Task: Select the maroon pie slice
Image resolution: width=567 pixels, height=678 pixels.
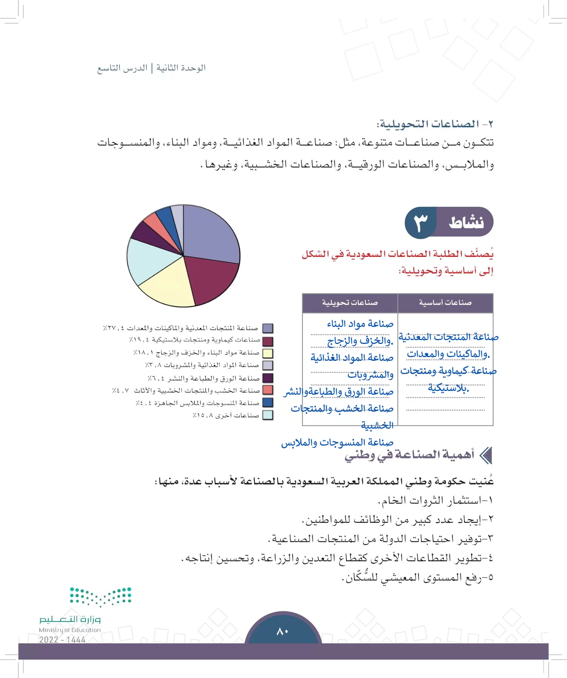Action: [211, 279]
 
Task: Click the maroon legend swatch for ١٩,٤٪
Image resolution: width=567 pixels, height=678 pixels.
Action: [268, 341]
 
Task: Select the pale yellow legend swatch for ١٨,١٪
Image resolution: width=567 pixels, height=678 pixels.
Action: [268, 353]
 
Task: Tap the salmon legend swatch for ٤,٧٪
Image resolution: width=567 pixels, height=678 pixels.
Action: [268, 390]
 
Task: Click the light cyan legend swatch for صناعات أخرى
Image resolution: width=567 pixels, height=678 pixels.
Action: [268, 415]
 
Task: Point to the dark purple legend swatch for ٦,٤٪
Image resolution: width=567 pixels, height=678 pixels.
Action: [268, 378]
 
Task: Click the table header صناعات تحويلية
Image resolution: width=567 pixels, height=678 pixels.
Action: [350, 303]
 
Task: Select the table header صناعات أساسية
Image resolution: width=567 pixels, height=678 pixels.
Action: [445, 303]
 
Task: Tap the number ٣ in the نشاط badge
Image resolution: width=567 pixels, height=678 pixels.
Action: [421, 223]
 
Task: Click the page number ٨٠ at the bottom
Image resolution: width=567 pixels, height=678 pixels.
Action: [283, 631]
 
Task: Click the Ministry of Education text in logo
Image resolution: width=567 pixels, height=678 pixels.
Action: [70, 630]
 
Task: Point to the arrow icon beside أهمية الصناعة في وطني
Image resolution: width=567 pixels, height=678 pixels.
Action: [486, 455]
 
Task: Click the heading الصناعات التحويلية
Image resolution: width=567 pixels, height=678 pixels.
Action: [430, 124]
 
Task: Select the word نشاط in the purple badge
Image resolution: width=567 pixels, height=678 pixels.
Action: [466, 223]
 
